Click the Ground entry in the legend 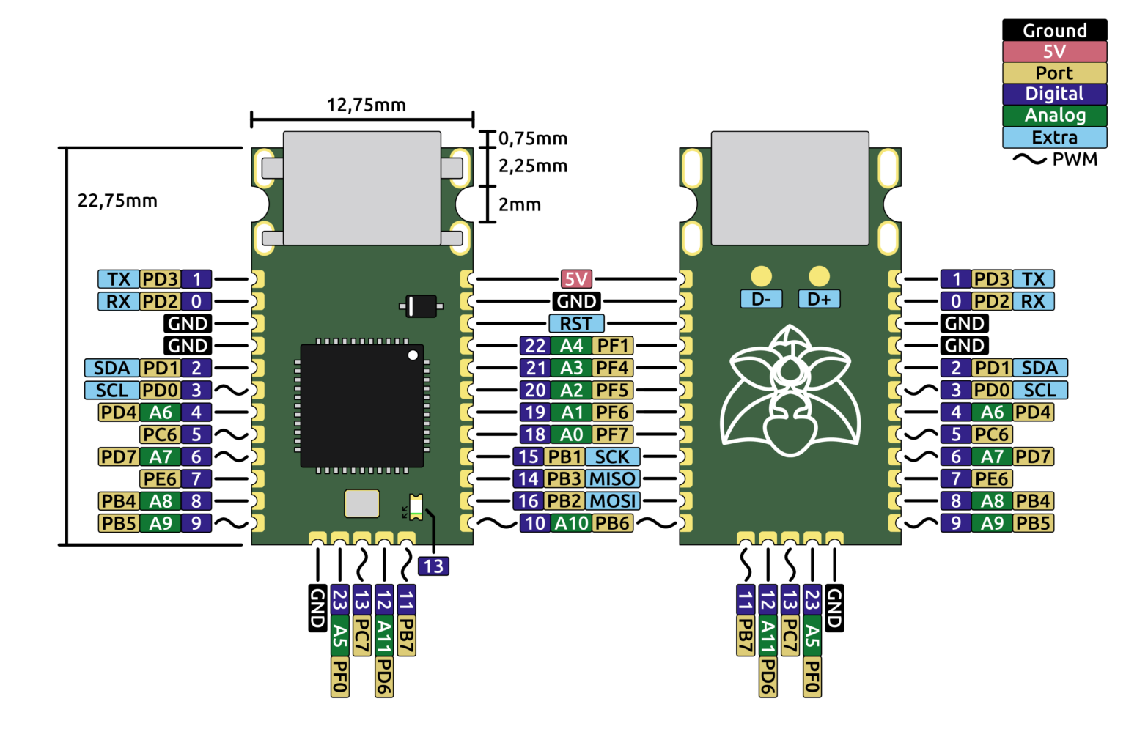point(1054,30)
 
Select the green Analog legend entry point(1054,115)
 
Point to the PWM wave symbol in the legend point(1029,159)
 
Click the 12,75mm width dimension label point(366,105)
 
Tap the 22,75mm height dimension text point(117,201)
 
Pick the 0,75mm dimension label point(533,138)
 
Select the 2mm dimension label point(520,204)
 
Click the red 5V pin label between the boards point(576,279)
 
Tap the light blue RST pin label point(576,324)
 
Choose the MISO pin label point(612,479)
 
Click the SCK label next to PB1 point(612,457)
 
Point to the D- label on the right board point(761,299)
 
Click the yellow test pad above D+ point(819,276)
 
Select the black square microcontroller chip point(361,405)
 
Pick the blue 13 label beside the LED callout point(433,566)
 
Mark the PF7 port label point(612,434)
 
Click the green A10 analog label point(571,523)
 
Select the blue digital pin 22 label point(535,346)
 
